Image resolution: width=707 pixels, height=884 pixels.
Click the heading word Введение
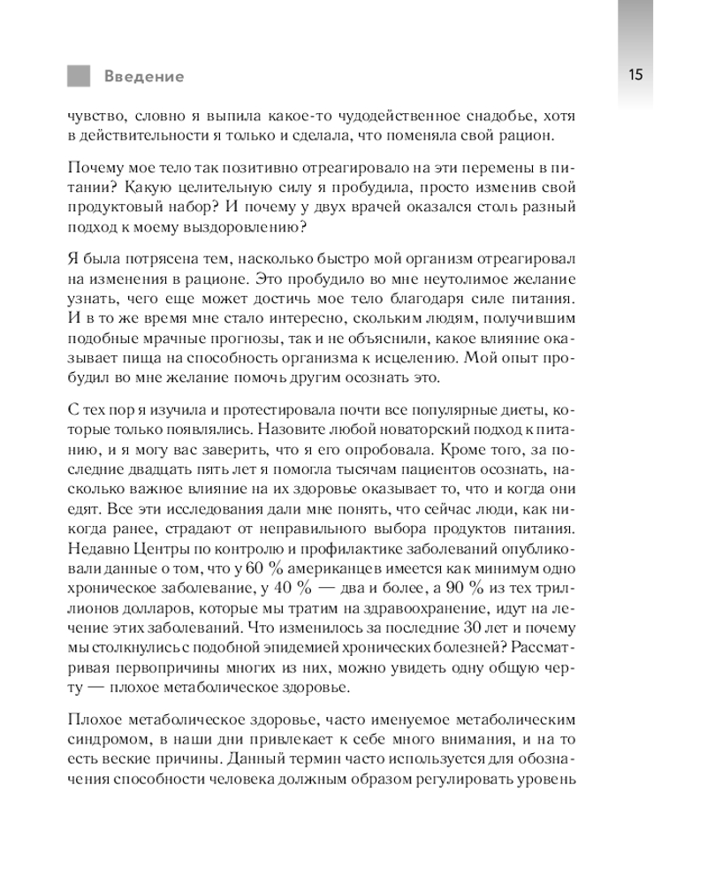pos(144,76)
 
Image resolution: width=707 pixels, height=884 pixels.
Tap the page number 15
pos(635,74)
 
